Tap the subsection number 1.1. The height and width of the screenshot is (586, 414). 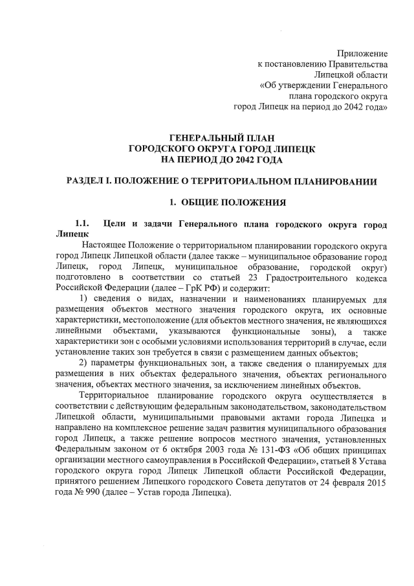[x=84, y=225]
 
